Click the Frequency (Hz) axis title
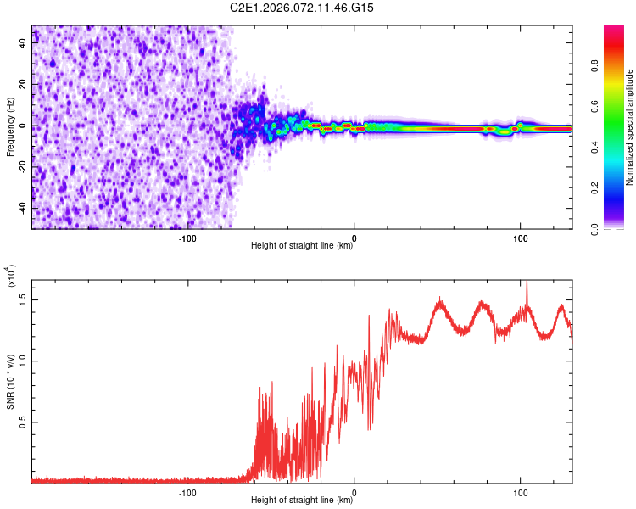[x=10, y=127]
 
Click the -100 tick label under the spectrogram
[x=187, y=238]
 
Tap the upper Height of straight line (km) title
[x=302, y=247]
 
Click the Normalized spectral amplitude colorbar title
[x=630, y=127]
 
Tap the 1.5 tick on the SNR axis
[x=24, y=299]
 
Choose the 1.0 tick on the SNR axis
[x=24, y=360]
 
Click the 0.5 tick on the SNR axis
[x=24, y=422]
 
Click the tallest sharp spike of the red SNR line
[x=527, y=282]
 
